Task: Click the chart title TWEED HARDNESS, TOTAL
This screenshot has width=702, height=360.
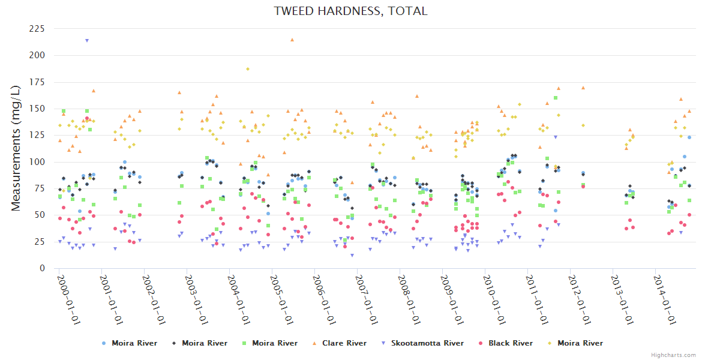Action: tap(350, 11)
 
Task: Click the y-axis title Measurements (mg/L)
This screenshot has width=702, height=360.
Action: tap(16, 148)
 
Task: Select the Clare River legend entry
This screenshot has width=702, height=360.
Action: tap(344, 343)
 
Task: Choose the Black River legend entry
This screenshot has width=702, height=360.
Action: tap(510, 343)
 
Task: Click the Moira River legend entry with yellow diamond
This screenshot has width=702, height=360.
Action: tap(580, 343)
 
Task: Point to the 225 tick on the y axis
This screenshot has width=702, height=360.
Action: tap(36, 29)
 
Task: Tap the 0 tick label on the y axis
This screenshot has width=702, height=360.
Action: tap(42, 268)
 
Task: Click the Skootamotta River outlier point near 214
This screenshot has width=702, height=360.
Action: tap(87, 41)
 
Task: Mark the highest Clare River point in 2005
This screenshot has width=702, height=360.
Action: tap(292, 40)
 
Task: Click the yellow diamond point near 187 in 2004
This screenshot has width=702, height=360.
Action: tap(247, 69)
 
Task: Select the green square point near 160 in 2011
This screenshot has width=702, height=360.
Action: tap(556, 98)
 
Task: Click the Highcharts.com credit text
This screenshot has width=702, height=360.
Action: tap(673, 355)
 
